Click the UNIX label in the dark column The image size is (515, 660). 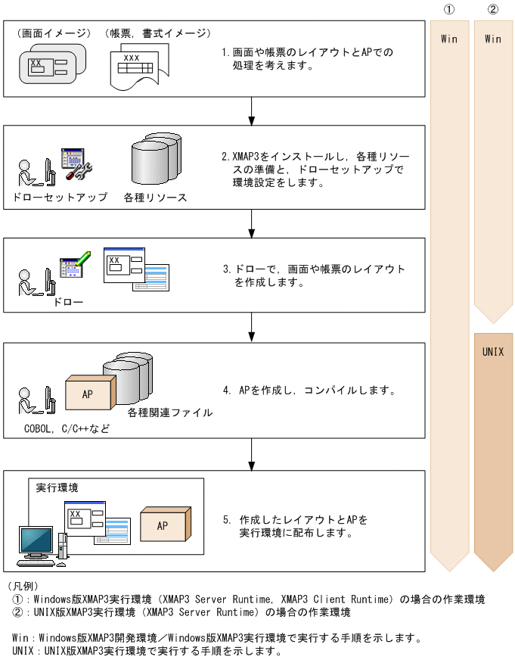click(x=492, y=352)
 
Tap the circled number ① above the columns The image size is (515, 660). click(x=449, y=9)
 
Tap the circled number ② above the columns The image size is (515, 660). click(x=493, y=9)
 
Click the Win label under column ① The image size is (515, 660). click(x=449, y=39)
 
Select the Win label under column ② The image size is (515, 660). click(x=493, y=39)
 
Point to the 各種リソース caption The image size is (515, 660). click(x=155, y=198)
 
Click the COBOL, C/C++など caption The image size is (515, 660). click(x=67, y=428)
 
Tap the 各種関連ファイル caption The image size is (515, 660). click(x=169, y=413)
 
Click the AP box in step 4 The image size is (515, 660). click(x=88, y=394)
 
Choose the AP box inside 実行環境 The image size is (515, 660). click(x=163, y=526)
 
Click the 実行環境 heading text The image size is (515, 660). click(x=57, y=487)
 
